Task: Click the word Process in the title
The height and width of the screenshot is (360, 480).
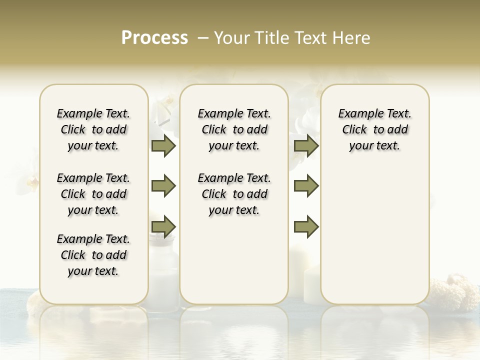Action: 154,38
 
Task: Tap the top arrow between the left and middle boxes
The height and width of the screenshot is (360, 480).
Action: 163,145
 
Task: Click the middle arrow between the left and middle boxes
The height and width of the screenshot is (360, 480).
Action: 163,186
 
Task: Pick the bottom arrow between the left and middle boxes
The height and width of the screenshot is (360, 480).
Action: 163,226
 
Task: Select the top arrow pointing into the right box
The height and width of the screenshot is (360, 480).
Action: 306,145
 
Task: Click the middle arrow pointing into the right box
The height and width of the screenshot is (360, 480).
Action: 306,186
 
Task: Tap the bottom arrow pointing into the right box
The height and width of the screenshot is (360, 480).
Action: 306,226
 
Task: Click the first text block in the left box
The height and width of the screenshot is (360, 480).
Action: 93,129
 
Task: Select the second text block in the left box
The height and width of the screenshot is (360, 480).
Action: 93,194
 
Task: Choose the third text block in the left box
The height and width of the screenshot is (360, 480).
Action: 93,255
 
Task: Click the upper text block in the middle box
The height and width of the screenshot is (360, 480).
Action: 234,129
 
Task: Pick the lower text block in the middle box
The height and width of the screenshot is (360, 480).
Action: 234,194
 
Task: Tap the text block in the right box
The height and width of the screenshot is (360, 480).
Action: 374,129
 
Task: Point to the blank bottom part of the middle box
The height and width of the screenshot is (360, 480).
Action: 234,265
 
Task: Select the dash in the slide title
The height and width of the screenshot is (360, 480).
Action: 202,38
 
